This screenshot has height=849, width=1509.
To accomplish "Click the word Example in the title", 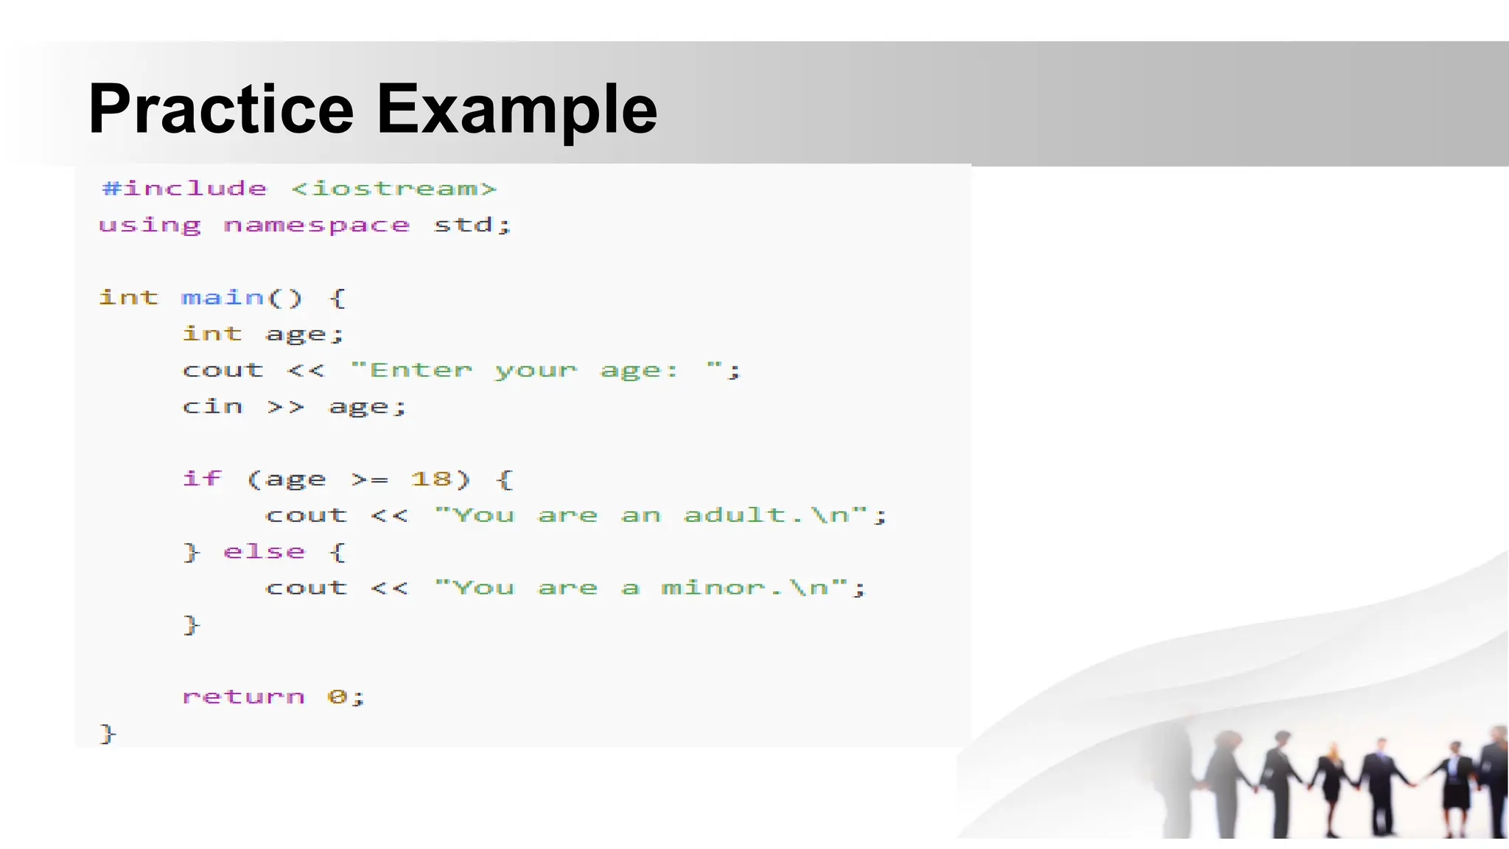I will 517,109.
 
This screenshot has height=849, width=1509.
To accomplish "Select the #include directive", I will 184,189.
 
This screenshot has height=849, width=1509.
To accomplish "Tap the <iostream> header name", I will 393,189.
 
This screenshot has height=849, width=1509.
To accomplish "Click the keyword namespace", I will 316,225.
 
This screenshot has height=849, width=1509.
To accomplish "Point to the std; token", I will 472,225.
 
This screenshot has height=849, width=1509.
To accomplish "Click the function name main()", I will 242,298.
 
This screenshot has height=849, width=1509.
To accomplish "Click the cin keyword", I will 212,406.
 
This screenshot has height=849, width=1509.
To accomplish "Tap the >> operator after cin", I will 285,406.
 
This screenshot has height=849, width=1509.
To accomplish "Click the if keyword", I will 202,479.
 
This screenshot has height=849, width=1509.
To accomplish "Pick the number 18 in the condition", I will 431,479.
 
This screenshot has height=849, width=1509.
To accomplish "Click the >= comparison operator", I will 369,479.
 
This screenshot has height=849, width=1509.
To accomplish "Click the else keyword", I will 264,551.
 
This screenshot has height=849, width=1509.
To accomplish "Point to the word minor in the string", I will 713,588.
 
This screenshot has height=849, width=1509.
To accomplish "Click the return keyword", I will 243,696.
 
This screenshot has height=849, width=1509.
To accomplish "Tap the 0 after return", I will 336,696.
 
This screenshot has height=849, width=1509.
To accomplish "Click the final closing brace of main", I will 108,733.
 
